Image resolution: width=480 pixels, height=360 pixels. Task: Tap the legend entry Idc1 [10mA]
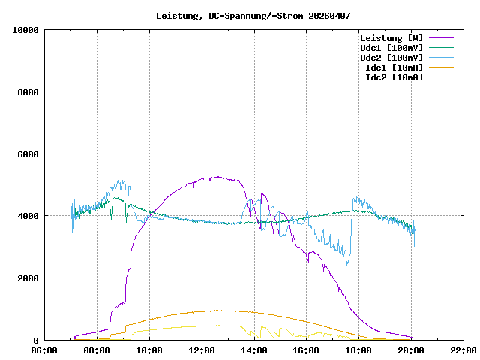(394, 67)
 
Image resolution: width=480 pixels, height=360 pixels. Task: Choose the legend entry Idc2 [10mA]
(394, 77)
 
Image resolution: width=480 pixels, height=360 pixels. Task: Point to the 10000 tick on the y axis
(25, 30)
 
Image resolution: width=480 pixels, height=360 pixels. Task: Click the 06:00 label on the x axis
(45, 350)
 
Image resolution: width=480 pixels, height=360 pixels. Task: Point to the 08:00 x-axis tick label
(97, 350)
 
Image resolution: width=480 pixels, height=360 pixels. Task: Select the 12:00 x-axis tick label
(202, 350)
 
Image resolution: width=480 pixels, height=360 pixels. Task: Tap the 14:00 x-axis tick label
(255, 350)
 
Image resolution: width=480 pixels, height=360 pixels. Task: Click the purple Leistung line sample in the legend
(442, 38)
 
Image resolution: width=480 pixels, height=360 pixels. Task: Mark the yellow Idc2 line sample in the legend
(442, 77)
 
